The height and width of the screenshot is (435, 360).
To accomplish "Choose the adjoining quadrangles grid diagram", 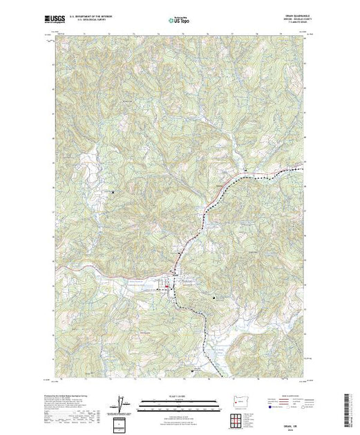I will coord(233,417).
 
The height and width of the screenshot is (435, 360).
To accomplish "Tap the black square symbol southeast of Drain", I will coord(215,298).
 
